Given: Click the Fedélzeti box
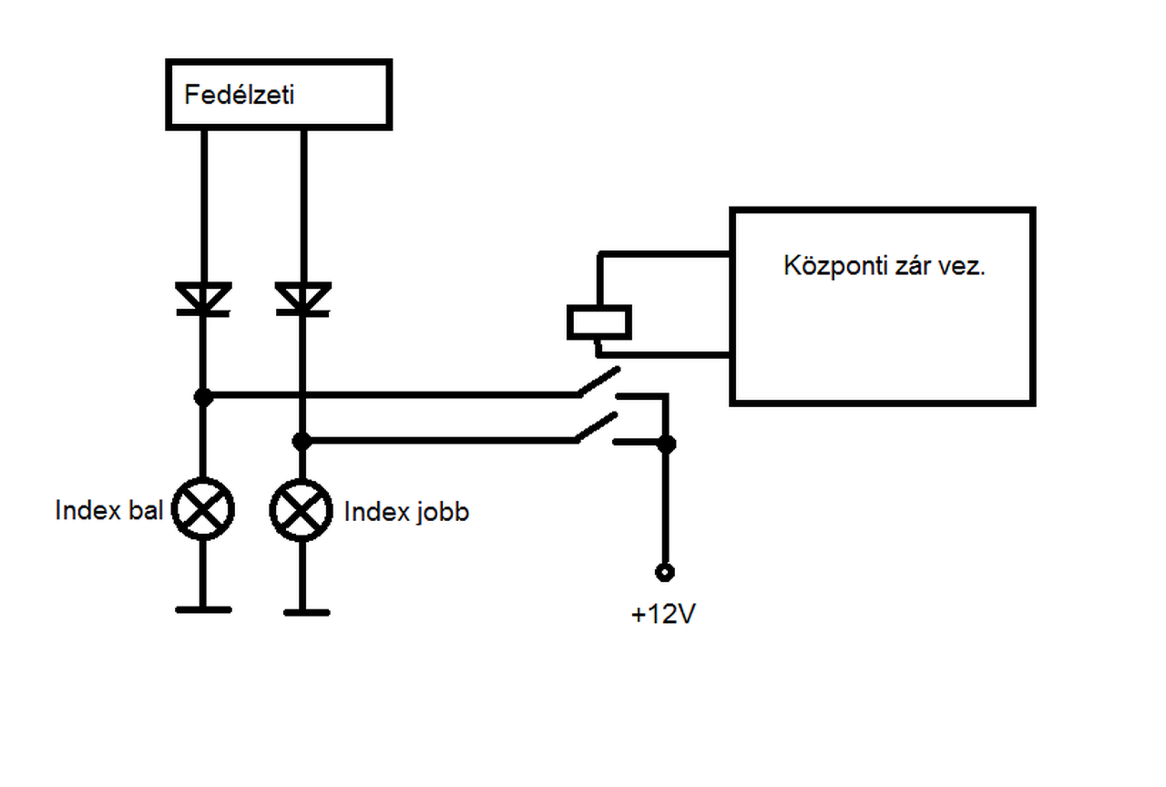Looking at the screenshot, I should [278, 94].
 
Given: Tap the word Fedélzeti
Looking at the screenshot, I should [240, 95].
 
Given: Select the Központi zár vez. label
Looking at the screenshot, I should [884, 266].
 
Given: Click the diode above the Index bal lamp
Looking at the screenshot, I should [203, 299].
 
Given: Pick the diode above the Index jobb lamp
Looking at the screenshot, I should [302, 299].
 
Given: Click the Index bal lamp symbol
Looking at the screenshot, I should [203, 510].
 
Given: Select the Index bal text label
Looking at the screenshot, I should [108, 510].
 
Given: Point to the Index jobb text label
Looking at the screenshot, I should [406, 512].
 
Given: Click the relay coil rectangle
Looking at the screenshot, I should [598, 322].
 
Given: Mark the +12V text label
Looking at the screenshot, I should [663, 615].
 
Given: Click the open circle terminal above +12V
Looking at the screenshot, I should [665, 572].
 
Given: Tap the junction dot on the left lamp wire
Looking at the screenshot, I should [203, 397].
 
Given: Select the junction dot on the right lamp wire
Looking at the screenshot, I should [302, 442].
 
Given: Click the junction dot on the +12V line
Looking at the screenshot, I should [667, 444].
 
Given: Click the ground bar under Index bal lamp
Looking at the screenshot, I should [203, 608].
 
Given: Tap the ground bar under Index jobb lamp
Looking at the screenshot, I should [306, 612].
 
